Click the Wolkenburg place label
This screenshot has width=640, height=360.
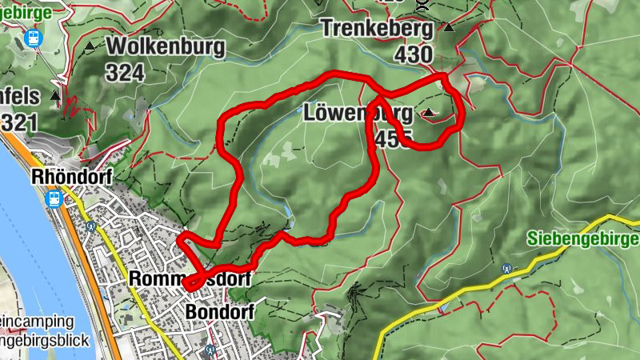pos(165,46)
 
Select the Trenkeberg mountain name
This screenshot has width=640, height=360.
pos(377,30)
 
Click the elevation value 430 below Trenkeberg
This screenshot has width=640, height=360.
pos(413,55)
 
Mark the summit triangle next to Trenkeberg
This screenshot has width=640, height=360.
pos(449,27)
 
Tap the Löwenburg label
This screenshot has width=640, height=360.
pos(358,113)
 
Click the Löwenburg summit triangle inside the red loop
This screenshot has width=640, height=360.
pos(430,113)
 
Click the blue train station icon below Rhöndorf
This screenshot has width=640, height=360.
pos(55,198)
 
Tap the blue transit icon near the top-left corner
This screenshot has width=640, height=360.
pos(34,37)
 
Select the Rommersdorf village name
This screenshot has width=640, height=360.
pos(190,279)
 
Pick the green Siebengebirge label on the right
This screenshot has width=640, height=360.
pos(583,238)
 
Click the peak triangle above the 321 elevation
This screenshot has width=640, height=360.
pos(55,96)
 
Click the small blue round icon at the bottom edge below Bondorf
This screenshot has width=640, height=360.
pos(209,350)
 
